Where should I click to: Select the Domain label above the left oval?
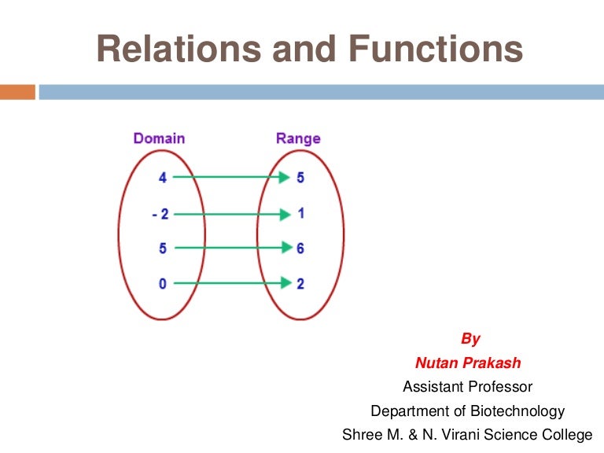tap(159, 138)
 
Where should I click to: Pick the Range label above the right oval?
tap(298, 138)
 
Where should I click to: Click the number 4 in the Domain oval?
tap(163, 178)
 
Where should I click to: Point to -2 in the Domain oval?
tap(160, 214)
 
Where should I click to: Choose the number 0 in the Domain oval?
tap(163, 283)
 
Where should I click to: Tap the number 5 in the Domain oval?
tap(163, 249)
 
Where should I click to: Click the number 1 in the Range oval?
tap(300, 213)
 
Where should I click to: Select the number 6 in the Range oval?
tap(300, 249)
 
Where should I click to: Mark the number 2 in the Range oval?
tap(300, 283)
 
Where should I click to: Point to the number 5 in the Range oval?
tap(300, 178)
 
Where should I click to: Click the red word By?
tap(470, 340)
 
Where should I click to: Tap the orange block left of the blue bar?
tap(17, 92)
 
